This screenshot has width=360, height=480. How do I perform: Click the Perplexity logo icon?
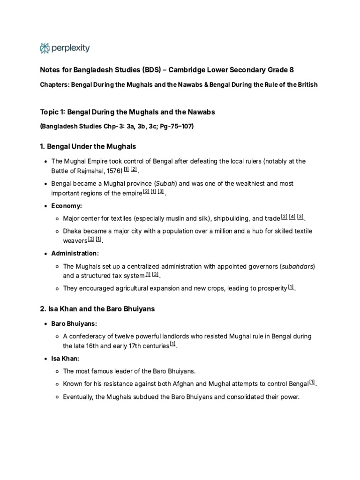(x=45, y=48)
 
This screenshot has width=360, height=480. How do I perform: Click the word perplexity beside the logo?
(x=70, y=48)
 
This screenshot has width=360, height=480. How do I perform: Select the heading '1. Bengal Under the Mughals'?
(x=88, y=147)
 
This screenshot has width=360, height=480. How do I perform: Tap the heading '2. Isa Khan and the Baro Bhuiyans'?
(x=97, y=309)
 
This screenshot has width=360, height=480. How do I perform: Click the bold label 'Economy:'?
(x=67, y=205)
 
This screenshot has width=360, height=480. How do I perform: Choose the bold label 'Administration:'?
(x=75, y=253)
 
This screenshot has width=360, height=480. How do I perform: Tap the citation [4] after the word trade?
(x=292, y=217)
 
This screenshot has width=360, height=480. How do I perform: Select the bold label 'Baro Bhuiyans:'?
(x=74, y=324)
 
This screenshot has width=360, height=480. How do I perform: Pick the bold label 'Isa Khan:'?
(x=65, y=358)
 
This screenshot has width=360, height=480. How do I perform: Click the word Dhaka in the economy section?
(x=73, y=231)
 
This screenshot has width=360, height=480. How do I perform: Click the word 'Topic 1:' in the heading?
(x=52, y=112)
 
